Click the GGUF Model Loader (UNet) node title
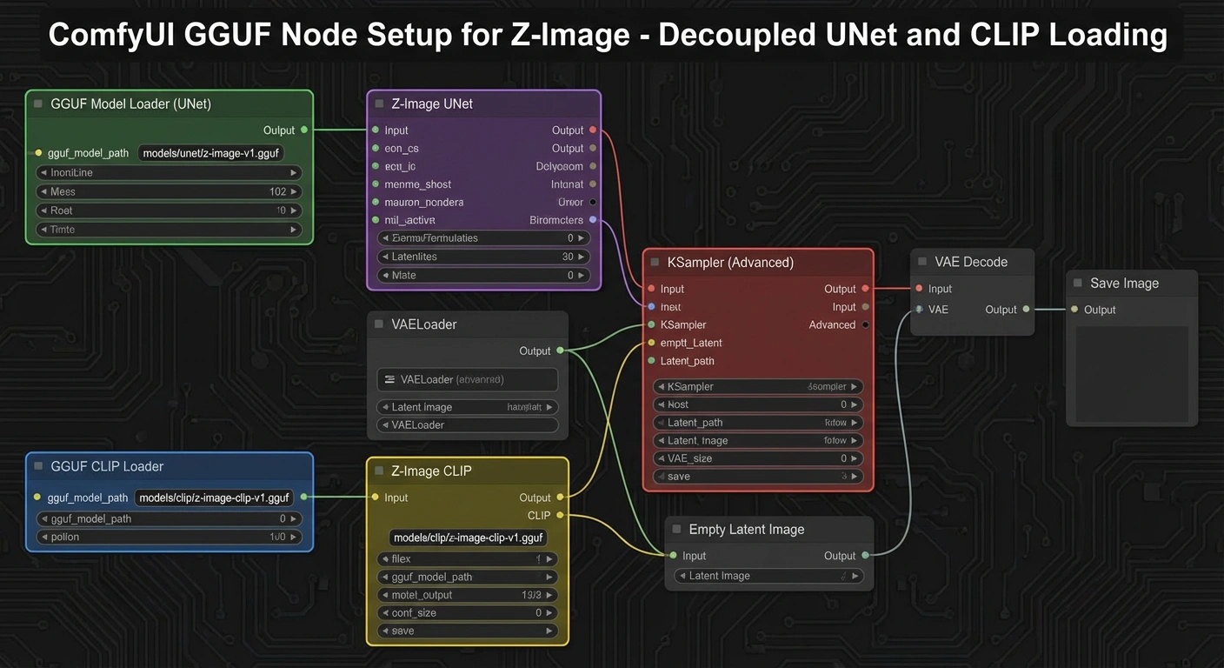130,104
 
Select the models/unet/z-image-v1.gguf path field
211,153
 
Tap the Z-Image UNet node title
431,104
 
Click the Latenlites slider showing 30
485,257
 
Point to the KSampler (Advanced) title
729,263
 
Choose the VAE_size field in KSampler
757,458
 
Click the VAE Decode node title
970,262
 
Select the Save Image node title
1123,284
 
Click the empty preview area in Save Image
1132,374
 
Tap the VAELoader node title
423,324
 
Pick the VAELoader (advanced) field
468,380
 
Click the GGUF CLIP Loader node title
107,467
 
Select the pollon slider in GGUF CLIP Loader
169,538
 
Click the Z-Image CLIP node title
431,471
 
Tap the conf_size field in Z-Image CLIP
468,613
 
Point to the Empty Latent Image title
746,530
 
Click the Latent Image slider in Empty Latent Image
768,576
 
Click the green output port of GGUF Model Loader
303,130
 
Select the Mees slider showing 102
169,191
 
